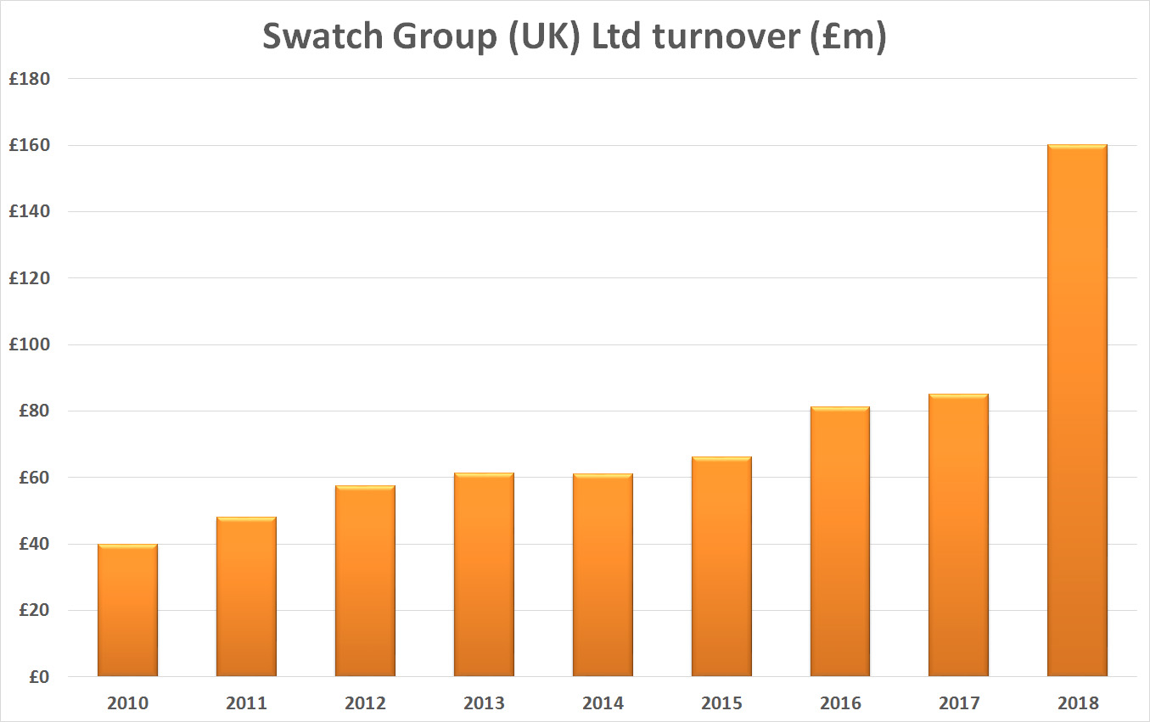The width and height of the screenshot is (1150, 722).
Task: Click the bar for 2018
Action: coord(1077,411)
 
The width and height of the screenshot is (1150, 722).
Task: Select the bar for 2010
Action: coord(127,610)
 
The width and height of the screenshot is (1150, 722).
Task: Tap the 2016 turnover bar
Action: coord(839,542)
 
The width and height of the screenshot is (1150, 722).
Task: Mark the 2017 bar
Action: coord(958,535)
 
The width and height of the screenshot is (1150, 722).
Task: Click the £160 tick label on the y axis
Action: coord(30,145)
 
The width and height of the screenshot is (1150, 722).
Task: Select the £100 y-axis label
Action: coord(30,344)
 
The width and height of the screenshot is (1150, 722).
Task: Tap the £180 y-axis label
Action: coord(30,79)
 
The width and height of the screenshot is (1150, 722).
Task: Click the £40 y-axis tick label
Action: coord(35,544)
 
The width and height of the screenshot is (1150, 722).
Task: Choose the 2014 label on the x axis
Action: coord(603,703)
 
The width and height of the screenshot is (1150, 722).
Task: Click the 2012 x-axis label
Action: coord(365,703)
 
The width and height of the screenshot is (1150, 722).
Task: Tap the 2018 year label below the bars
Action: coord(1077,703)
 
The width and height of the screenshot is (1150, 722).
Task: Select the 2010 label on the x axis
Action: coord(127,703)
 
